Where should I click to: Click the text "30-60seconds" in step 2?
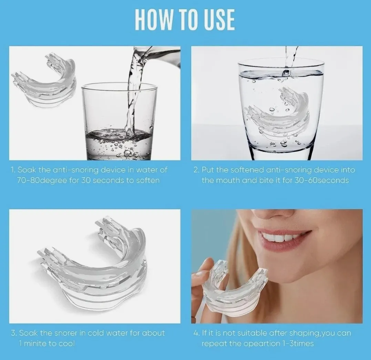[x=321, y=181]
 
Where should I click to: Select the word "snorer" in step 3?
[x=69, y=333]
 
